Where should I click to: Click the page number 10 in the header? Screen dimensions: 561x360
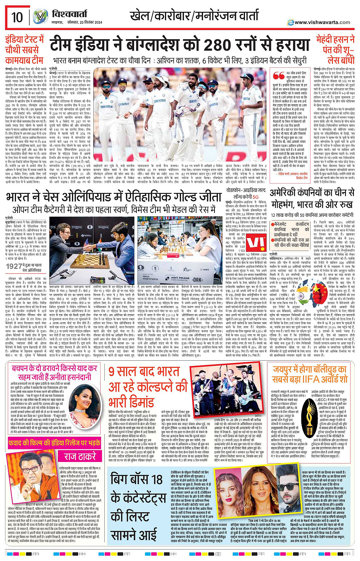point(17,17)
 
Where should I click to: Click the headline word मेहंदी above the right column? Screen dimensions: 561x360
point(327,40)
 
